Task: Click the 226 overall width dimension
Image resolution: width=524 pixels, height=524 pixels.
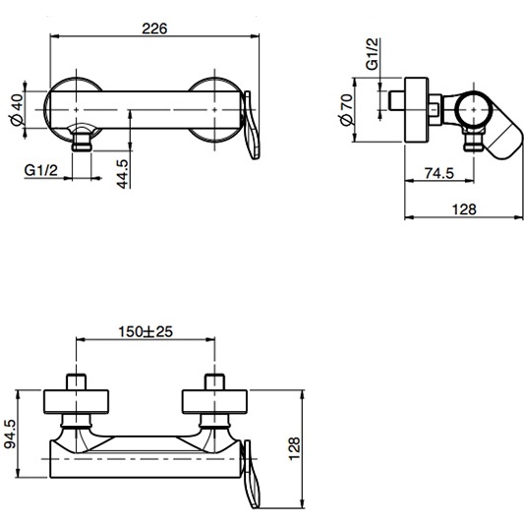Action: (152, 28)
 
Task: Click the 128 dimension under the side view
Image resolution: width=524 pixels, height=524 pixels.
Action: (464, 208)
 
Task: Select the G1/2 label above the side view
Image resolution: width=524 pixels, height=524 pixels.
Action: (374, 52)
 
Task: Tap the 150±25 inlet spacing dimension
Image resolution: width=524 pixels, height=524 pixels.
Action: (145, 331)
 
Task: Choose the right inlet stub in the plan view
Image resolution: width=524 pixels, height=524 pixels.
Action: (213, 382)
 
